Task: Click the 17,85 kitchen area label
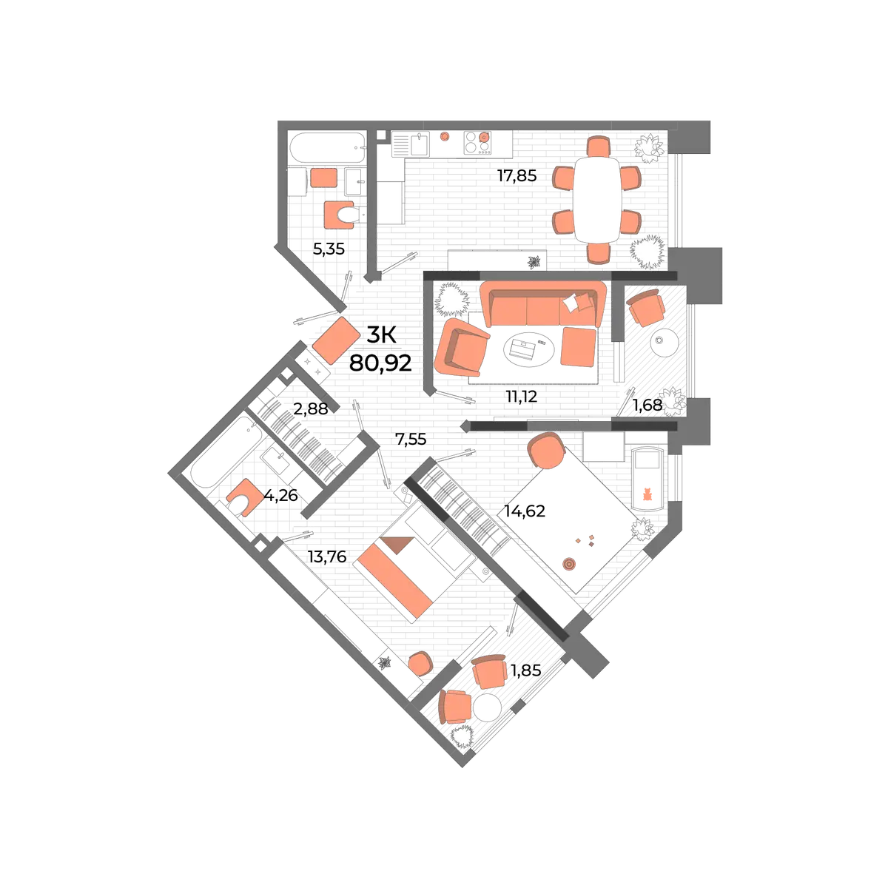pyautogui.click(x=517, y=175)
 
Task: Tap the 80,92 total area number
pyautogui.click(x=380, y=363)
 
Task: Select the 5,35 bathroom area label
pyautogui.click(x=329, y=249)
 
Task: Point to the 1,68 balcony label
pyautogui.click(x=647, y=406)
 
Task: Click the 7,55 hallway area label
pyautogui.click(x=411, y=439)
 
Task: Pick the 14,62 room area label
pyautogui.click(x=525, y=511)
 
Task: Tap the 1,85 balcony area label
pyautogui.click(x=526, y=670)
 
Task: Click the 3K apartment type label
pyautogui.click(x=381, y=335)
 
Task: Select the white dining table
pyautogui.click(x=597, y=200)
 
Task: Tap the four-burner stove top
pyautogui.click(x=477, y=142)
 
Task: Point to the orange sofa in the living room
pyautogui.click(x=543, y=304)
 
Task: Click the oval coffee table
pyautogui.click(x=529, y=350)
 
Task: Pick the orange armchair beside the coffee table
pyautogui.click(x=461, y=347)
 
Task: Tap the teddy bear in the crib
pyautogui.click(x=647, y=494)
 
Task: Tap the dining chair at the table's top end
pyautogui.click(x=599, y=146)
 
